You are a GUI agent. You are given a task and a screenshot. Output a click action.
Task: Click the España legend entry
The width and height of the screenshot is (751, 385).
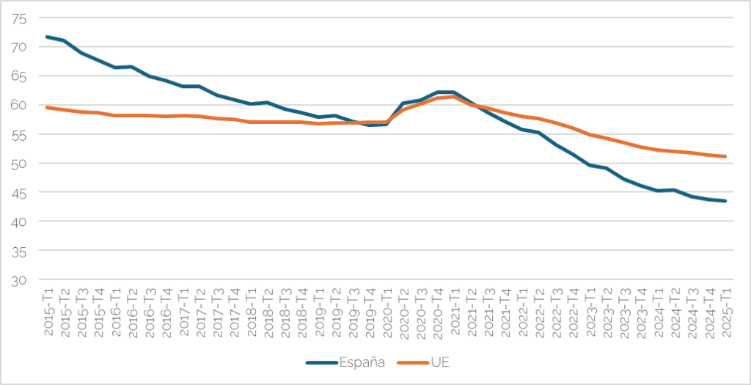pyautogui.click(x=344, y=363)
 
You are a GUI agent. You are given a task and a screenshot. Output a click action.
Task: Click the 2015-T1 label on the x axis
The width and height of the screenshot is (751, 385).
pyautogui.click(x=49, y=312)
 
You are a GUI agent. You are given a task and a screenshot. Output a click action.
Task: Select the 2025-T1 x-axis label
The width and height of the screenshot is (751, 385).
pyautogui.click(x=725, y=312)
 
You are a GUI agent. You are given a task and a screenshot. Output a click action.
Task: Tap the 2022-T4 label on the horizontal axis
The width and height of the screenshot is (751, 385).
pyautogui.click(x=573, y=312)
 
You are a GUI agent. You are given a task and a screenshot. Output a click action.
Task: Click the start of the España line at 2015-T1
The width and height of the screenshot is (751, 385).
pyautogui.click(x=48, y=37)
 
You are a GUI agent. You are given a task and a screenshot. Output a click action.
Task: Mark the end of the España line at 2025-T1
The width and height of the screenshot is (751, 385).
pyautogui.click(x=725, y=201)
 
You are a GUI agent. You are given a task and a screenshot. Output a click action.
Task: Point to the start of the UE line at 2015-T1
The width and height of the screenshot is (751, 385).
pyautogui.click(x=48, y=108)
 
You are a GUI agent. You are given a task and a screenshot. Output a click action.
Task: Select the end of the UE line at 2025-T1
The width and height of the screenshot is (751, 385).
pyautogui.click(x=725, y=156)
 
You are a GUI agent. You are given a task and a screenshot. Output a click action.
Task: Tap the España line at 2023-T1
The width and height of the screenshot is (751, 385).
pyautogui.click(x=590, y=165)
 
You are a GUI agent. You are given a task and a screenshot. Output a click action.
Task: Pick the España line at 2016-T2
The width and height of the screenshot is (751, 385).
pyautogui.click(x=132, y=67)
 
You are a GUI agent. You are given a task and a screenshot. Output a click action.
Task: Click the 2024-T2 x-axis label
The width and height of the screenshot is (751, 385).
pyautogui.click(x=675, y=312)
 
